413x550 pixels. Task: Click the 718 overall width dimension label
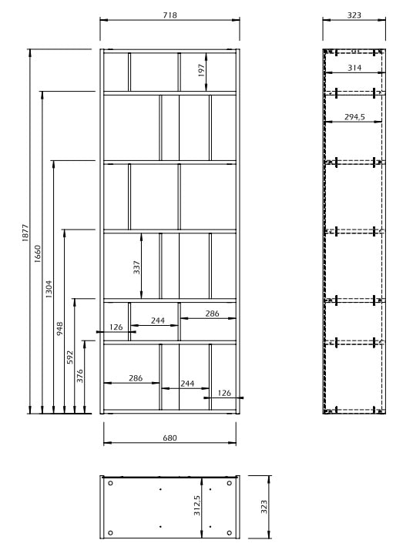(x=170, y=15)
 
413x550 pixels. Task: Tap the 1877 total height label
(x=25, y=233)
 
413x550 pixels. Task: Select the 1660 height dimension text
(x=37, y=253)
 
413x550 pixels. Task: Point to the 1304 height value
(x=49, y=289)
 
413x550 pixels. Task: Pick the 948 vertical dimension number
(x=59, y=329)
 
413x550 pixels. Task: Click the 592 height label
(x=70, y=357)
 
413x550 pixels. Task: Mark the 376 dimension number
(x=80, y=376)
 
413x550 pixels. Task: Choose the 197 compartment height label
(x=200, y=71)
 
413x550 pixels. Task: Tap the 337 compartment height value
(x=136, y=267)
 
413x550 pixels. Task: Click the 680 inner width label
(x=170, y=438)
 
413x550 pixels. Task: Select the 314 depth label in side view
(x=354, y=67)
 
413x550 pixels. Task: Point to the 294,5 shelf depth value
(x=354, y=116)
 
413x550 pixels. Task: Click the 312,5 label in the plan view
(x=196, y=505)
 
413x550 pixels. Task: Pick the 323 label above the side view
(x=354, y=15)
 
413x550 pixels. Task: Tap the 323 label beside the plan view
(x=264, y=507)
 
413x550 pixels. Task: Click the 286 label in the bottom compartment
(x=136, y=377)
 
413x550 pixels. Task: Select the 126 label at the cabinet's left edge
(x=116, y=327)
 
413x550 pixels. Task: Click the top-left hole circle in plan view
(x=110, y=483)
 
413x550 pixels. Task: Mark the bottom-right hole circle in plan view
(x=229, y=533)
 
